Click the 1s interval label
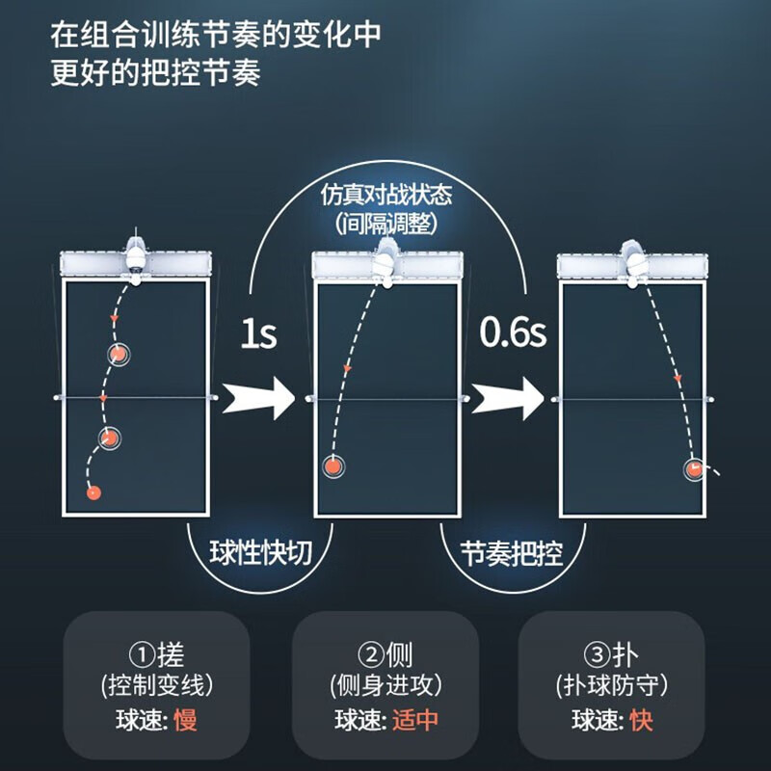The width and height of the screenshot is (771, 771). (x=258, y=334)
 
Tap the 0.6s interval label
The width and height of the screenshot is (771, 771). (x=513, y=332)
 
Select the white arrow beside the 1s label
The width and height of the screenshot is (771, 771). (x=258, y=398)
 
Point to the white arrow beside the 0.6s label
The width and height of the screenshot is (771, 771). (x=508, y=398)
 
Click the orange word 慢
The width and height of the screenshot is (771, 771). (x=185, y=720)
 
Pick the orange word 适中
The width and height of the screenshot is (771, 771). (x=415, y=720)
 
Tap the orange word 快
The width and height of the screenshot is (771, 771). (x=642, y=720)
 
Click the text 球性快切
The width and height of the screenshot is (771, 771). (x=261, y=552)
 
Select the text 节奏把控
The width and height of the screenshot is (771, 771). (x=512, y=553)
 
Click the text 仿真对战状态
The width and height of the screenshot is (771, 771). (x=386, y=195)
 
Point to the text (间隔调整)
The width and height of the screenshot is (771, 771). (x=386, y=224)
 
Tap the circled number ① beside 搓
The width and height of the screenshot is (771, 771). (x=142, y=654)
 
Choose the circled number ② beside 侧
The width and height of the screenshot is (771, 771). (x=371, y=654)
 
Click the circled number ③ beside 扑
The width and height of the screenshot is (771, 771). (x=597, y=654)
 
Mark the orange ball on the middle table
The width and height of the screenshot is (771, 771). (x=333, y=466)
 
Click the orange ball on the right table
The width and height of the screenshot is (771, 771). (x=695, y=469)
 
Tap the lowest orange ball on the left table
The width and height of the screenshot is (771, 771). (x=93, y=492)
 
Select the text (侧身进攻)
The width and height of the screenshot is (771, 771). (x=386, y=685)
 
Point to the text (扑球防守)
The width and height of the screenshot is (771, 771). (x=612, y=685)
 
